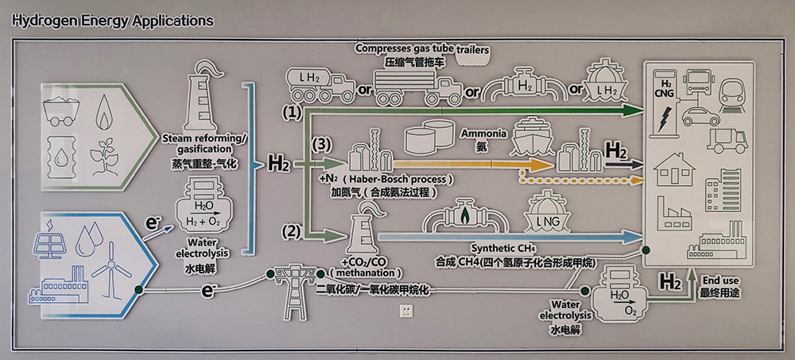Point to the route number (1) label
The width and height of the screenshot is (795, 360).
tap(293, 113)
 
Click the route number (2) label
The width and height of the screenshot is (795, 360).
tap(292, 232)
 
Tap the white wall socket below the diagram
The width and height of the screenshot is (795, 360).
tap(409, 309)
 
